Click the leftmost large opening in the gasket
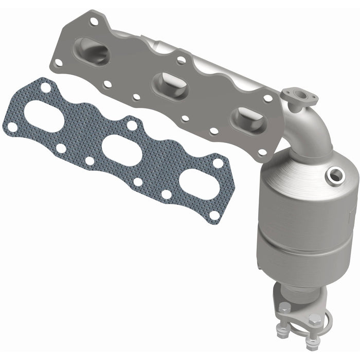point(44,114)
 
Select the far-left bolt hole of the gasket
point(11,124)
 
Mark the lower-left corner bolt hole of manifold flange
point(58,63)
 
